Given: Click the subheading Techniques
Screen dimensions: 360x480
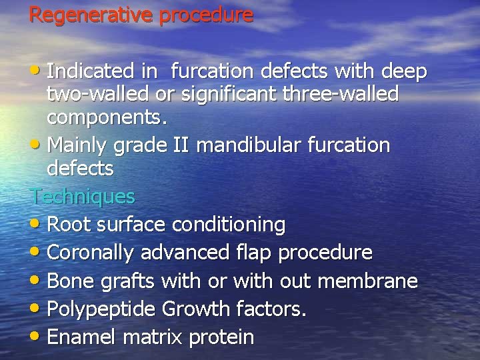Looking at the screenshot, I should pyautogui.click(x=83, y=196).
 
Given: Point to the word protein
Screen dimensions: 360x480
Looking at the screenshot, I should pyautogui.click(x=221, y=337).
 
